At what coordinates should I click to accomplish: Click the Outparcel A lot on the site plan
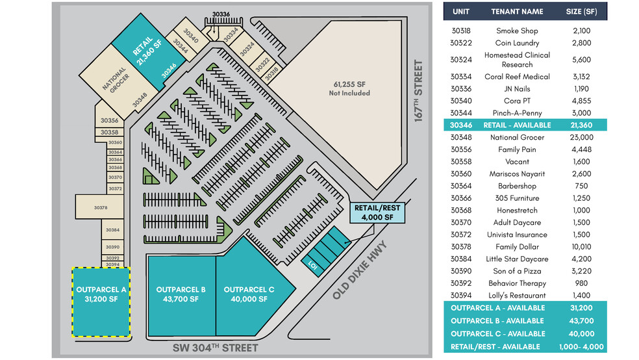[x=101, y=302]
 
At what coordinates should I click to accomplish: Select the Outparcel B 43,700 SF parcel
[x=182, y=296]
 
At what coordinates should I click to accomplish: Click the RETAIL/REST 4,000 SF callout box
[x=377, y=212]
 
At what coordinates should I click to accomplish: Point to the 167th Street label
[x=418, y=90]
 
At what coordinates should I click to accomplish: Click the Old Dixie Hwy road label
[x=360, y=270]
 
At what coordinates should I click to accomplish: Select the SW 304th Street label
[x=215, y=348]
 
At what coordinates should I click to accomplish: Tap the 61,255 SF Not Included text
[x=349, y=88]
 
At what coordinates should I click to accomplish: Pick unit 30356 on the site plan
[x=109, y=120]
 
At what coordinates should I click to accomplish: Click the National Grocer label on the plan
[x=116, y=80]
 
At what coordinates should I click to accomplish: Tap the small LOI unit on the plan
[x=313, y=265]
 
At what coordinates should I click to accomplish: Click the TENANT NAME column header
[x=517, y=12]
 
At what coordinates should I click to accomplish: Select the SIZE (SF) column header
[x=581, y=12]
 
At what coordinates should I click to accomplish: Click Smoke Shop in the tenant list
[x=517, y=31]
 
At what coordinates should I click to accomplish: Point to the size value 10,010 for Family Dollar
[x=581, y=247]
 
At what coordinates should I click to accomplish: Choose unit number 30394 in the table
[x=461, y=295]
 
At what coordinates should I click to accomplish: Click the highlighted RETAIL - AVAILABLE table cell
[x=517, y=125]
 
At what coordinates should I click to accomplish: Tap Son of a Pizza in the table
[x=517, y=271]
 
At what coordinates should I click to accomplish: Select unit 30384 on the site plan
[x=112, y=230]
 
